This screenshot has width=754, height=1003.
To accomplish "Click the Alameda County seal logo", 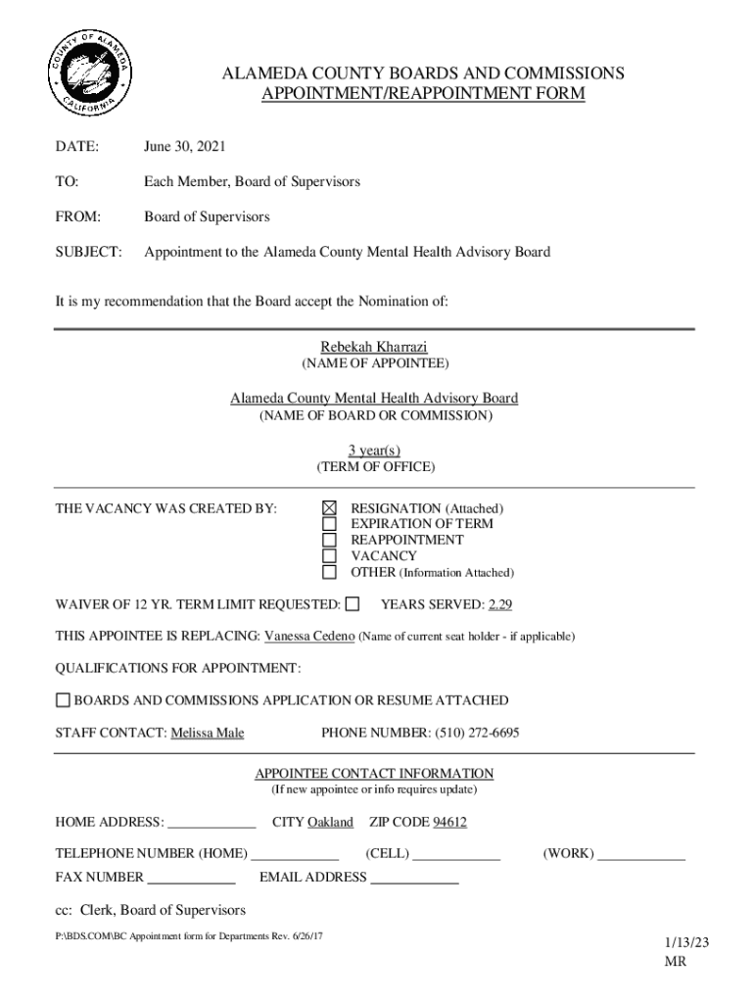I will [89, 74].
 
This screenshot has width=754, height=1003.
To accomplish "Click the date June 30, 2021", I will [184, 147].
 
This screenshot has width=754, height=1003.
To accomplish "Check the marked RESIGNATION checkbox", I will [330, 508].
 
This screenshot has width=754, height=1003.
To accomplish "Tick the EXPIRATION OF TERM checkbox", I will [330, 524].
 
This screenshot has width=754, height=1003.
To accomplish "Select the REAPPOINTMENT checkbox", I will [330, 540].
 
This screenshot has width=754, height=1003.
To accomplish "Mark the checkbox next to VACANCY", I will [330, 555].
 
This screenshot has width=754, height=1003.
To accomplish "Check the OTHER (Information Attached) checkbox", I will [330, 572].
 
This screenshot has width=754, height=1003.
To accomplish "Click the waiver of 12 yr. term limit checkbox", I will [353, 603].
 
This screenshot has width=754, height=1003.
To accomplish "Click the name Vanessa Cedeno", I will [308, 636].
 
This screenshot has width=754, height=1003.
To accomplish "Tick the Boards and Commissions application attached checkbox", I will [63, 700].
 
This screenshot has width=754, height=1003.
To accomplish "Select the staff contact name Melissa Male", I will [208, 733].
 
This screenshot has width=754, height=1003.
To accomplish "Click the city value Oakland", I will [330, 822].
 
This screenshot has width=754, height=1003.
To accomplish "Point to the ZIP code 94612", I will [449, 822].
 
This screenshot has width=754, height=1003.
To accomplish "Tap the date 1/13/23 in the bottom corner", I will [686, 942].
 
